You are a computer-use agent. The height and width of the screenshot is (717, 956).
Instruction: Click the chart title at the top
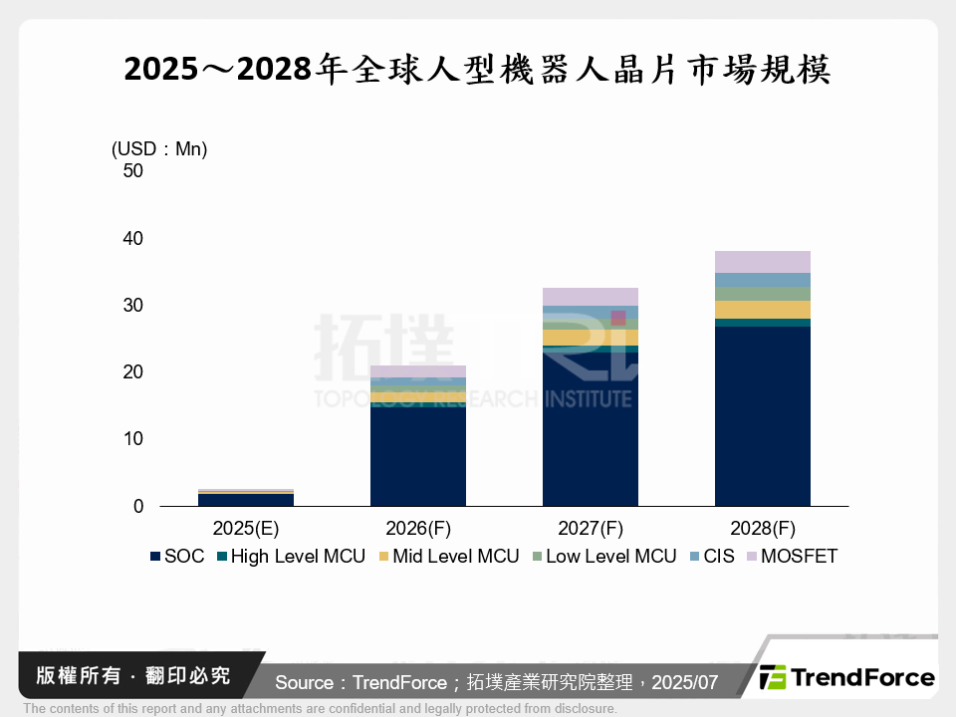click(x=478, y=71)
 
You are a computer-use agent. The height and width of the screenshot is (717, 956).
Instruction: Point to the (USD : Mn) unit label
click(x=159, y=149)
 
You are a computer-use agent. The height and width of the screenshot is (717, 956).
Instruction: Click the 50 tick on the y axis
click(x=132, y=171)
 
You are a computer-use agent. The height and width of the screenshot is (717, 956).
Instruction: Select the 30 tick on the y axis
click(x=132, y=305)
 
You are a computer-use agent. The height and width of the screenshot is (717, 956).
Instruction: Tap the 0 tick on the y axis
click(x=138, y=506)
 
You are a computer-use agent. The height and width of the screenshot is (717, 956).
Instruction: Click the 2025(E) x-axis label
click(x=245, y=527)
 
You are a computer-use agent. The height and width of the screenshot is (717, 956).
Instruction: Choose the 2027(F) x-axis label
click(x=590, y=527)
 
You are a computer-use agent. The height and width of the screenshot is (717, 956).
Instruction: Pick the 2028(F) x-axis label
click(x=762, y=527)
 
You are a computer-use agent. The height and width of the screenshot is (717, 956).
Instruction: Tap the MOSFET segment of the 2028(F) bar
click(x=762, y=262)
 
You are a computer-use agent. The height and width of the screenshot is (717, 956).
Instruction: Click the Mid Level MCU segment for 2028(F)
click(x=762, y=309)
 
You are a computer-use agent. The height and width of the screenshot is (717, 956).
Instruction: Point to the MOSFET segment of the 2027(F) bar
click(x=590, y=297)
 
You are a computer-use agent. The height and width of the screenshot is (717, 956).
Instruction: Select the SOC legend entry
click(x=177, y=557)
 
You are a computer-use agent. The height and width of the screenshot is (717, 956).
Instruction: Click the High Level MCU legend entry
click(x=289, y=557)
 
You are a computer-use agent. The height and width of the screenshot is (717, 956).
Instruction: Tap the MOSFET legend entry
click(x=791, y=557)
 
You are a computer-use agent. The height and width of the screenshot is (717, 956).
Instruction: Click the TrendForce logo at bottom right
click(x=847, y=678)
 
